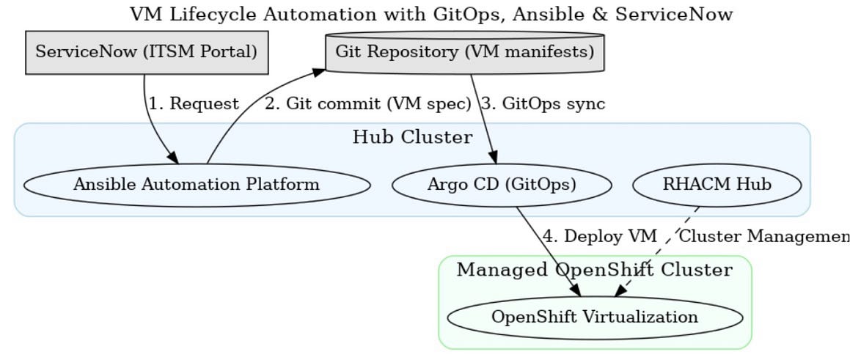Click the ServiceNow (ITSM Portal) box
coord(147,52)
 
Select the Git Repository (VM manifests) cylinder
coord(464,52)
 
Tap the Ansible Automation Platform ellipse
coord(196,185)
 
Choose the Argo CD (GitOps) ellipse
coord(502,185)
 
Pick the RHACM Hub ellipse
coord(717,185)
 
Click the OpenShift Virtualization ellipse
coord(594,317)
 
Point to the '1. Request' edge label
coord(194,104)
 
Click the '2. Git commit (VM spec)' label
coord(367,104)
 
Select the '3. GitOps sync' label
coord(543,104)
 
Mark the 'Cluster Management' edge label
coord(763,236)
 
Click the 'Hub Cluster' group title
coord(412,137)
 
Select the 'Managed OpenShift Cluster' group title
coord(594,270)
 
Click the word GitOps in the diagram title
coord(448,14)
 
